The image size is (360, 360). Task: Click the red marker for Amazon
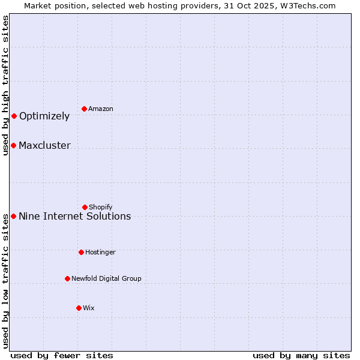click(x=85, y=109)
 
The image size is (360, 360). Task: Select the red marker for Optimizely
click(x=14, y=116)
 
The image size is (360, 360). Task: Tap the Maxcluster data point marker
click(x=13, y=145)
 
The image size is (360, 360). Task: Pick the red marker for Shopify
click(x=85, y=207)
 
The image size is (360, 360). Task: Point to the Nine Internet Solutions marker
click(x=13, y=216)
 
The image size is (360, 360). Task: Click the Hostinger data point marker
click(x=81, y=252)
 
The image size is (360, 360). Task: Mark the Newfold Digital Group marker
click(x=67, y=278)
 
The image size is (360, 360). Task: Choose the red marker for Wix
click(x=79, y=308)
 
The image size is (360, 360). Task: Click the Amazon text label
click(x=101, y=109)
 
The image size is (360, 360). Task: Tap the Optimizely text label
click(x=44, y=116)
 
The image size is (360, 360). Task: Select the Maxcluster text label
click(x=44, y=145)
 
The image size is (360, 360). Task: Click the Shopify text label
click(x=101, y=207)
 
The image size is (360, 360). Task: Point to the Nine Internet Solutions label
click(x=74, y=216)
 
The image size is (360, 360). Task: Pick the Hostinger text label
click(x=100, y=252)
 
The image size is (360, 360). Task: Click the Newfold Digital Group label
click(x=106, y=278)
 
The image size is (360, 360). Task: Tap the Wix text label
click(x=89, y=308)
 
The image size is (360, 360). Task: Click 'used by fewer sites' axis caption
click(x=62, y=355)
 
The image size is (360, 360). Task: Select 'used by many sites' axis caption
click(x=301, y=355)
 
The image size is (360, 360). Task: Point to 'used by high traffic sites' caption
click(x=5, y=85)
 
